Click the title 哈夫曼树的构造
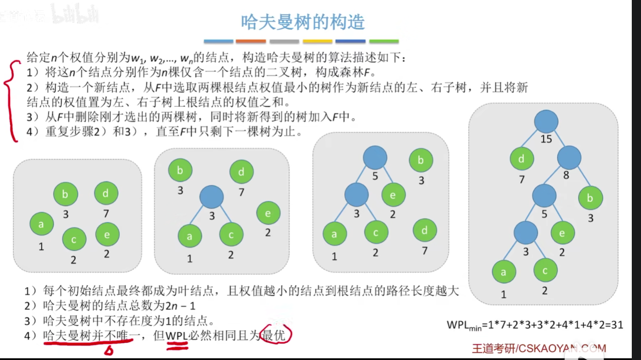tap(303, 22)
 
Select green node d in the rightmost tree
tap(522, 159)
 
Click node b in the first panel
tap(65, 194)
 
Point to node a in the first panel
tap(41, 224)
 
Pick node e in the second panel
tap(268, 213)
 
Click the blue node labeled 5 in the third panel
tap(375, 158)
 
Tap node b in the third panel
tap(421, 161)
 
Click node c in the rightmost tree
tap(545, 271)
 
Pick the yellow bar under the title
tap(318, 42)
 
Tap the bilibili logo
tap(75, 16)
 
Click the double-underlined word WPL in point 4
tap(177, 335)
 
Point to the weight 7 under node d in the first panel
tap(106, 213)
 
